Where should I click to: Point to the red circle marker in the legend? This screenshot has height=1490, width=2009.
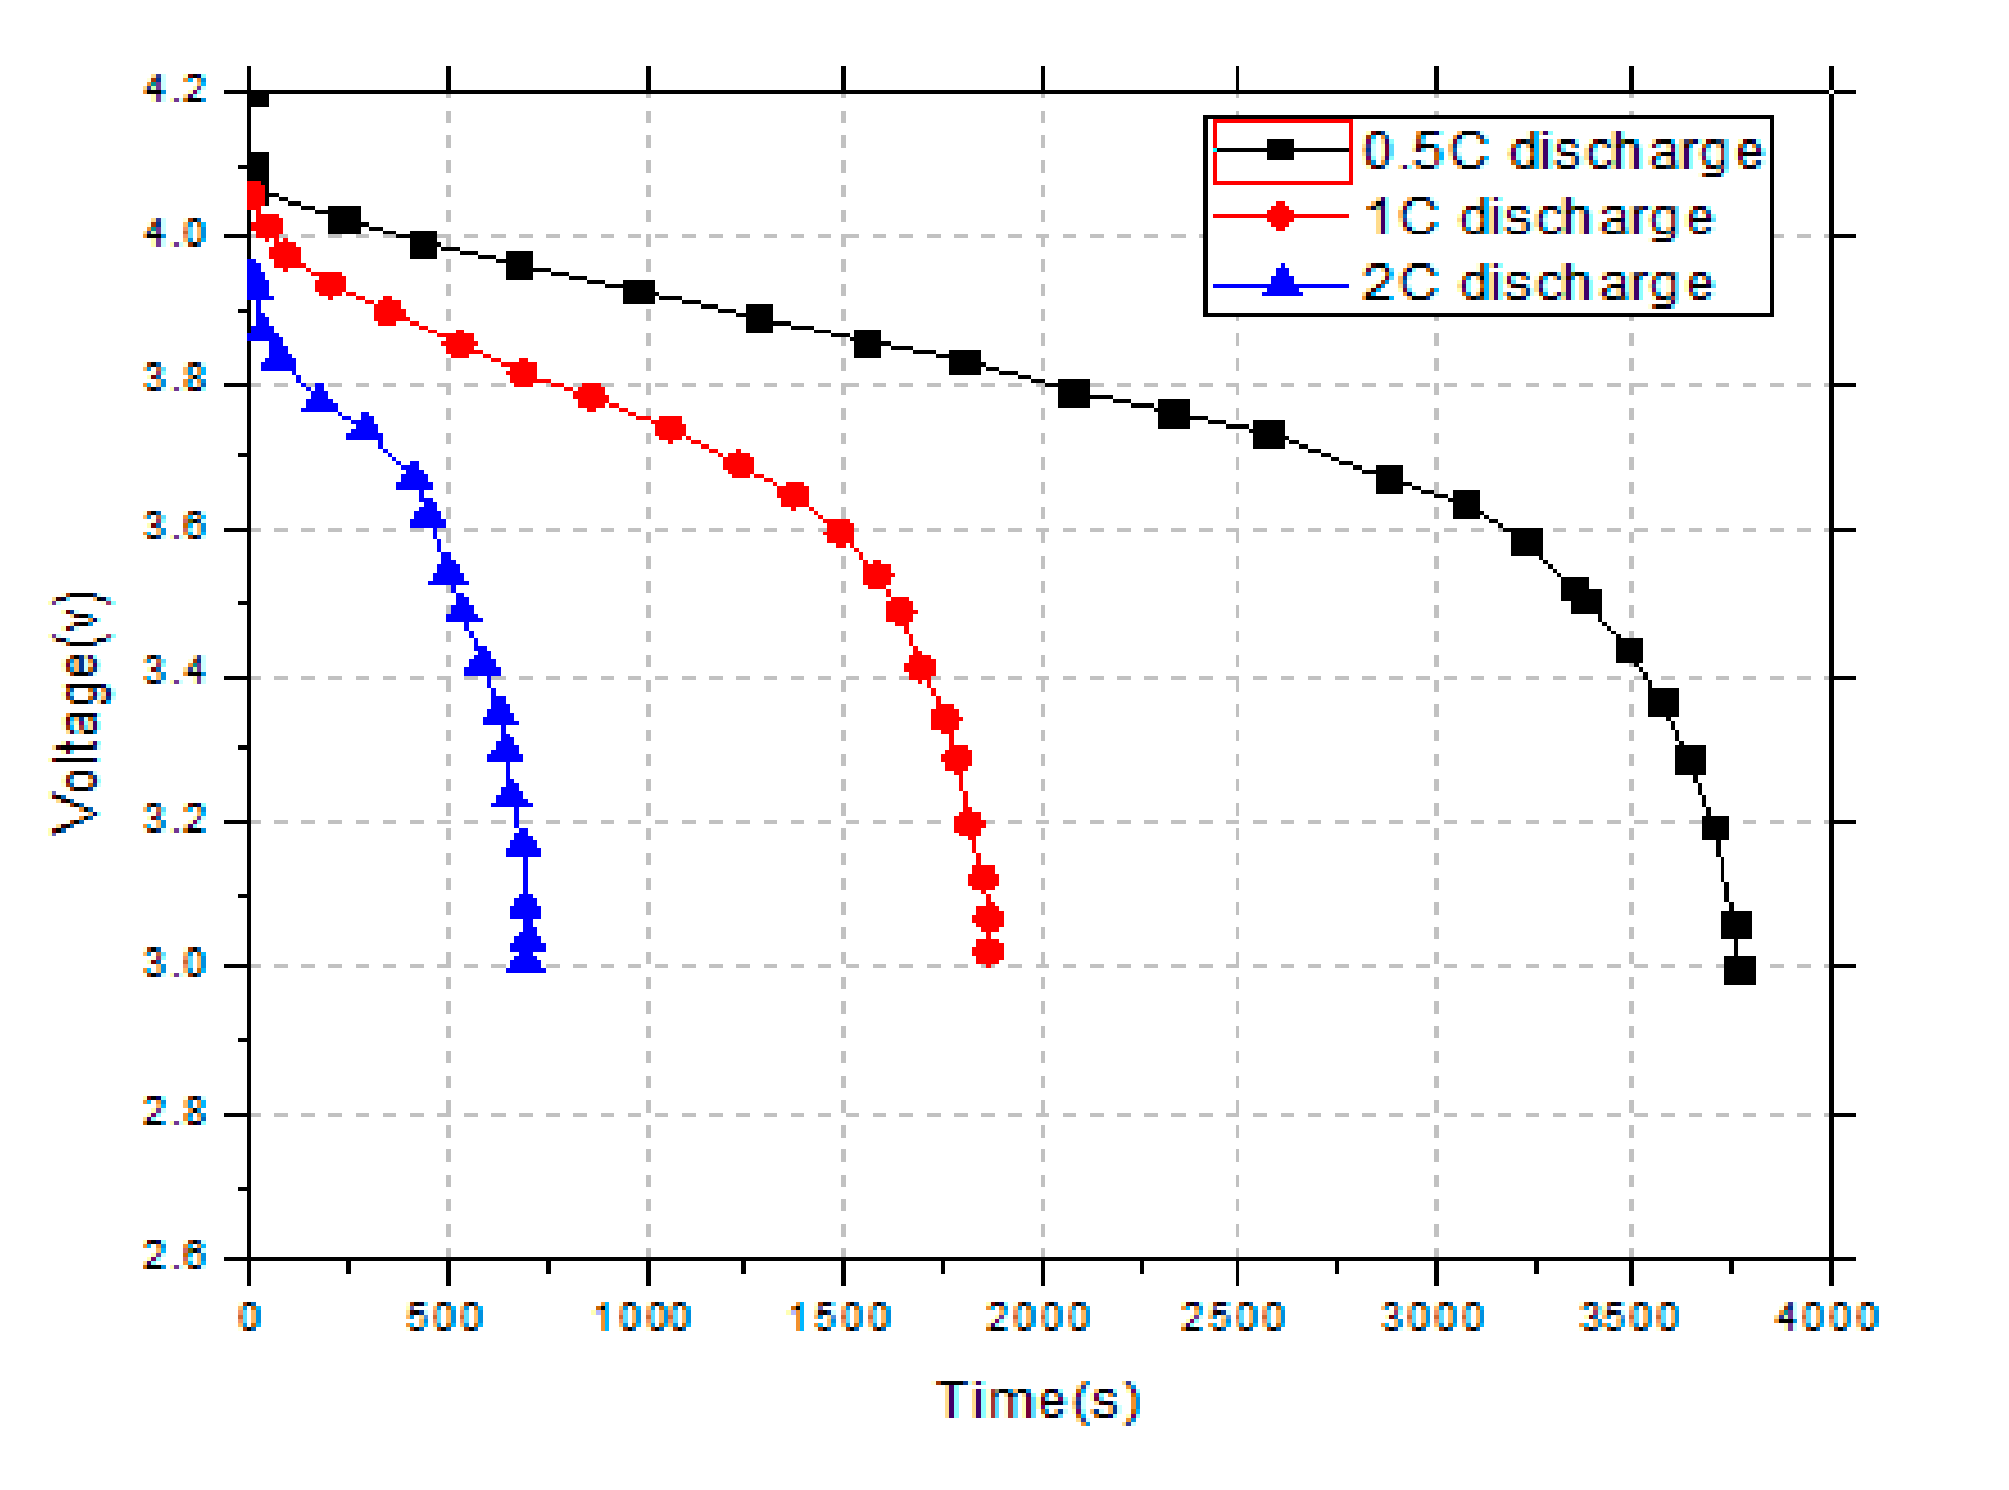[1280, 216]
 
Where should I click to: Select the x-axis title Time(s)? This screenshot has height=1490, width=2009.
[1037, 1401]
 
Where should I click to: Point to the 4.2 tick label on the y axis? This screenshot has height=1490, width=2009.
[175, 90]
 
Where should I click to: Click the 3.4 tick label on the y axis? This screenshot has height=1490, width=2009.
[175, 671]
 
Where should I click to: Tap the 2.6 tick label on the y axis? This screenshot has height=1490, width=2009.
[175, 1256]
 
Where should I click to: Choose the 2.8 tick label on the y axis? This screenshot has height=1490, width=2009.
[175, 1111]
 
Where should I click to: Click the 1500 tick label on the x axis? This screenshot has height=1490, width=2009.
[840, 1318]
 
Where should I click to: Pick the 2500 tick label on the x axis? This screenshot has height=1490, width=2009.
[1232, 1318]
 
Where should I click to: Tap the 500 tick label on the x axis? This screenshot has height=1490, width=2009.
[445, 1318]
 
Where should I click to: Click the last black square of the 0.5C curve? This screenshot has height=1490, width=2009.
[1740, 970]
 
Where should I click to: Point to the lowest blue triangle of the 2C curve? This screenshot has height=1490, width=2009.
[526, 959]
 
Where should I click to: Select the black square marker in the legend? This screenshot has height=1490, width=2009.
[1280, 151]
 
